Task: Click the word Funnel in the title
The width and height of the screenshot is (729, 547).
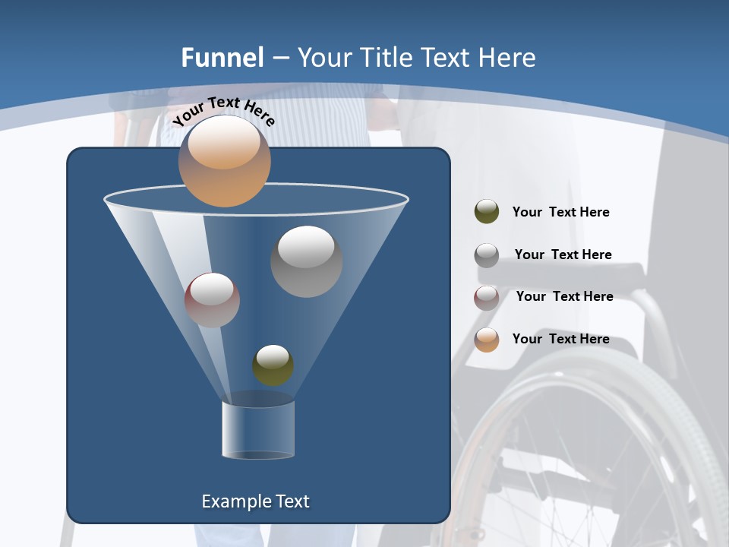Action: coord(222,58)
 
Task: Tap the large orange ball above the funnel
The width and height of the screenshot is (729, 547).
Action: coord(224,161)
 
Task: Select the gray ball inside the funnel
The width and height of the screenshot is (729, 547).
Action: coord(306,261)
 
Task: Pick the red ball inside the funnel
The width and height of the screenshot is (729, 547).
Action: coord(212,300)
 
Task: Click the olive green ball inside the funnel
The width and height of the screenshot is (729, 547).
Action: coord(273,365)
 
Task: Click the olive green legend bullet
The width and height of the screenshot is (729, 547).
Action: coord(487,212)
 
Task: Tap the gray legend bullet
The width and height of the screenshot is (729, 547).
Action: coord(487,255)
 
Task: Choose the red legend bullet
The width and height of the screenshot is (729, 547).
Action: coord(487,298)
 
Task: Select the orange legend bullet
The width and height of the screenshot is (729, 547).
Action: coord(487,340)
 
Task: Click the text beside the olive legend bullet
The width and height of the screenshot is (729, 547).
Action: coord(560,212)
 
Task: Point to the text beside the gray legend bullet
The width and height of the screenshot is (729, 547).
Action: coord(563,255)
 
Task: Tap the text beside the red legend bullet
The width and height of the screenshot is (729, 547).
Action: coord(564,296)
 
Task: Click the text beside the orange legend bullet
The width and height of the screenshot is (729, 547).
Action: coord(560,339)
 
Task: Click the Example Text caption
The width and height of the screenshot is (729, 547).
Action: coord(255,501)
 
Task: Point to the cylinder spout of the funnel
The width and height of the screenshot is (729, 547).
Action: coord(258,429)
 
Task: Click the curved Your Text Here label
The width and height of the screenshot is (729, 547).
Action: coord(223,112)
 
